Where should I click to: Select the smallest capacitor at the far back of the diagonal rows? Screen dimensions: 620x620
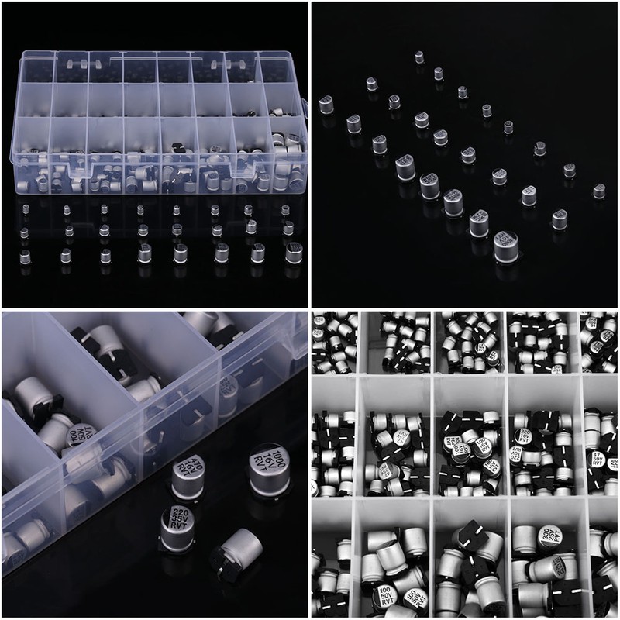click(x=419, y=57)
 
